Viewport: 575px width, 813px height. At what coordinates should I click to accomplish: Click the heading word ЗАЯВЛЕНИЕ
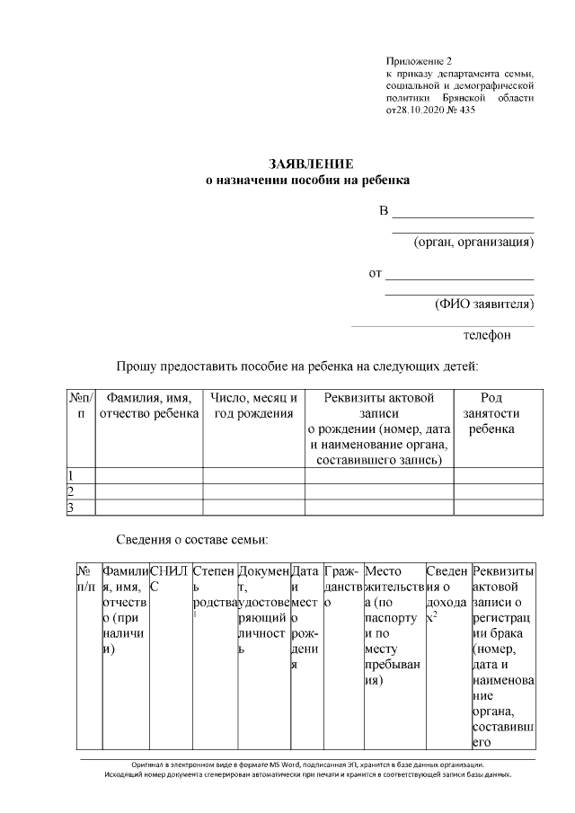point(312,163)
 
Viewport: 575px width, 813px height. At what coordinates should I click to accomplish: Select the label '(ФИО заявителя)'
point(484,304)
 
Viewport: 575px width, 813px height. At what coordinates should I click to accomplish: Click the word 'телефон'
point(487,335)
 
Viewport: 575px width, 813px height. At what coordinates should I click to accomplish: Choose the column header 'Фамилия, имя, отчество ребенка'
point(148,406)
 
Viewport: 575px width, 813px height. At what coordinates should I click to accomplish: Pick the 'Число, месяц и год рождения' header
point(252,406)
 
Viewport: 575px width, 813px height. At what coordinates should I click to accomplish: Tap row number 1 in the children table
point(72,476)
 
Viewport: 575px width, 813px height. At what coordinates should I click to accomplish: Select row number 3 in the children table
point(72,508)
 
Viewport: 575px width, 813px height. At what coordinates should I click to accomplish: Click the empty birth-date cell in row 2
point(252,492)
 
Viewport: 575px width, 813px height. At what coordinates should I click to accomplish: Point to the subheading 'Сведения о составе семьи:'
point(192,540)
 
